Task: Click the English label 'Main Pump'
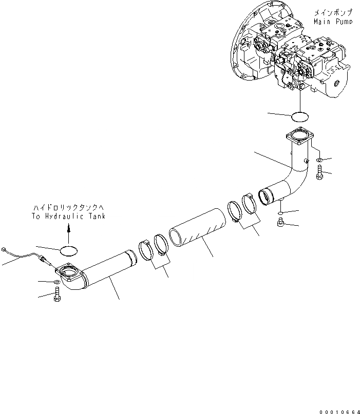pos(333,22)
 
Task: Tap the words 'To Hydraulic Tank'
pos(69,216)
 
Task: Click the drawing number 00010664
pos(339,411)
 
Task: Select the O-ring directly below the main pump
pos(300,117)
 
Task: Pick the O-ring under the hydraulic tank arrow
pos(69,251)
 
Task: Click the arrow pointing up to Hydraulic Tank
pos(69,233)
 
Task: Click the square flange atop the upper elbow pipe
pos(300,136)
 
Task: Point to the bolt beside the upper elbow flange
pos(319,173)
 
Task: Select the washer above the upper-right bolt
pos(319,160)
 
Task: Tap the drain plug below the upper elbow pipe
pos(281,223)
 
